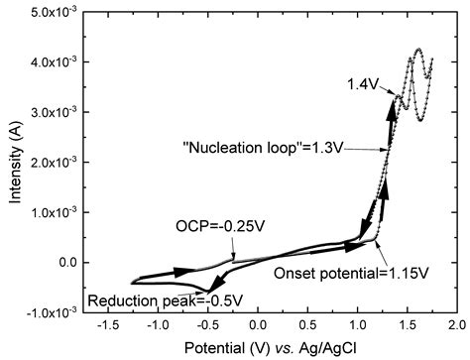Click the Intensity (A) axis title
[12, 162]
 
